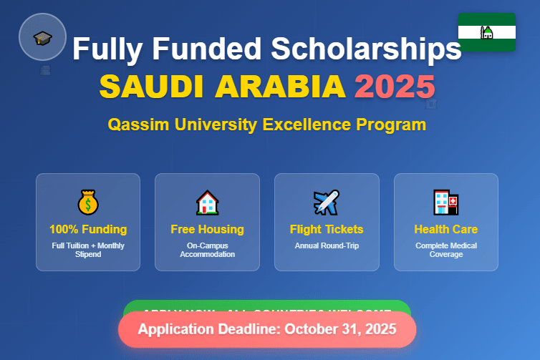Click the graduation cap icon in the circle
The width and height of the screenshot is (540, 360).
42,37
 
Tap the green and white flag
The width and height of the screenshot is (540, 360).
486,31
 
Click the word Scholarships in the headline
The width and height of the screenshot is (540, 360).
365,49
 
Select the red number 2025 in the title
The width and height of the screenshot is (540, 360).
395,87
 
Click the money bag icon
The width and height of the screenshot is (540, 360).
88,203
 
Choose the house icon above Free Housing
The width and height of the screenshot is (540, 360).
207,203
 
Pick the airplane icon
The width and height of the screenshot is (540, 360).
327,203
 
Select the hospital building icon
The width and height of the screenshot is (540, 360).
445,203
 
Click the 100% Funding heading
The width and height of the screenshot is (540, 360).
88,230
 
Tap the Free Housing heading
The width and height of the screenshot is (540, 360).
207,230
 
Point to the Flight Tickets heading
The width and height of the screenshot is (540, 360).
327,230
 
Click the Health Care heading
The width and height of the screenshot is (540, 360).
445,230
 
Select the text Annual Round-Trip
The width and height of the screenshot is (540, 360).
327,245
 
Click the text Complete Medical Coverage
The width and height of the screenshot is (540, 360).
445,250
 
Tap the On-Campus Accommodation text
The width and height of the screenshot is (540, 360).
207,250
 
